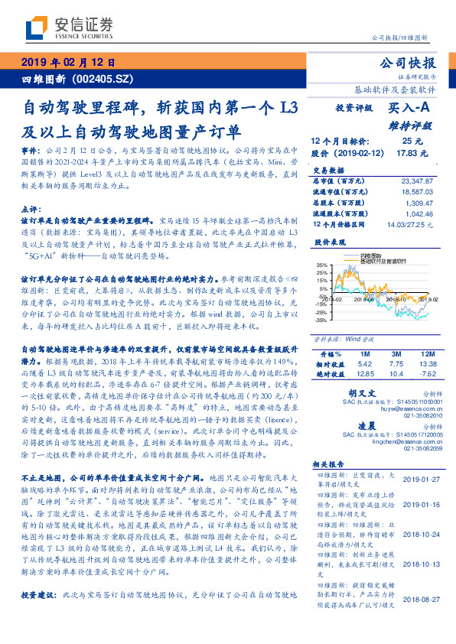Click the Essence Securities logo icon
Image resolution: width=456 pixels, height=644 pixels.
coord(34,29)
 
